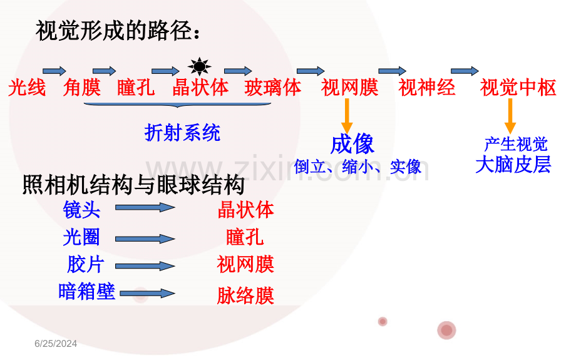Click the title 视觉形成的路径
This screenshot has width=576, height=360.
click(119, 31)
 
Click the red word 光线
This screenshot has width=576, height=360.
click(27, 88)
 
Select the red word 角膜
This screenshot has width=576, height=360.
click(82, 88)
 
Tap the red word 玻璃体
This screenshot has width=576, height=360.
click(273, 88)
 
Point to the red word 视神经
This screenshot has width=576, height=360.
click(427, 88)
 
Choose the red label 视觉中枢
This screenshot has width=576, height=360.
click(518, 88)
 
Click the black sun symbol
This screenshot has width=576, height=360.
click(199, 66)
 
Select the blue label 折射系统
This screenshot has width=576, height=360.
click(182, 132)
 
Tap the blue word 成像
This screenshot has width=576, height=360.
click(352, 145)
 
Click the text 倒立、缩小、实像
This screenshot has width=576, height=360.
click(357, 167)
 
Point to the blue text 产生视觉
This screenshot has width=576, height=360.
click(516, 145)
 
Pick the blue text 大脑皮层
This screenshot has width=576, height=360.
click(513, 165)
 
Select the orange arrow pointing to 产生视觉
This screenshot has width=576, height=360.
click(510, 117)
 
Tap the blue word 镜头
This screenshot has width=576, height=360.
click(81, 209)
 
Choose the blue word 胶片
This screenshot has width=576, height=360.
click(85, 264)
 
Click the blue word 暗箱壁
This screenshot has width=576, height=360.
click(86, 291)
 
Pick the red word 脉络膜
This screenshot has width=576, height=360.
click(245, 296)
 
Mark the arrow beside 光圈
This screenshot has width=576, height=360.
click(145, 239)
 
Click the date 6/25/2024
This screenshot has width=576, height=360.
click(56, 344)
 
